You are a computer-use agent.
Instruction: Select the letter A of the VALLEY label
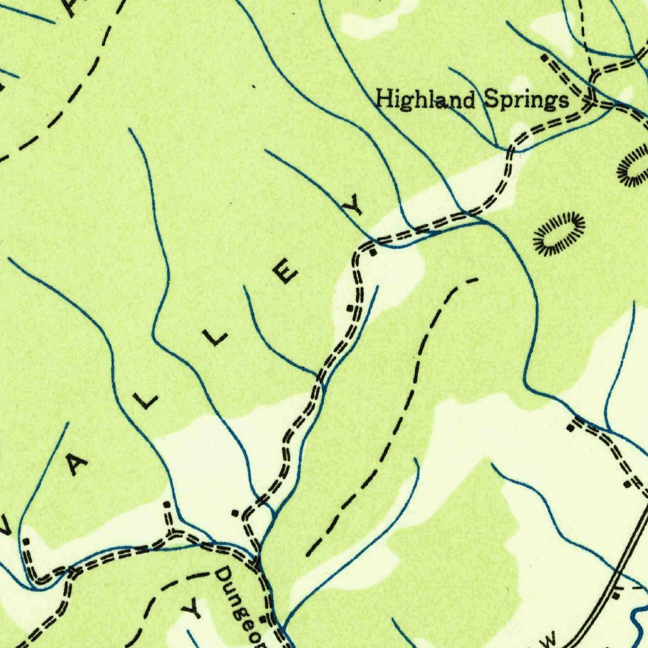click(78, 465)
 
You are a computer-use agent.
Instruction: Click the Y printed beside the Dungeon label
click(193, 609)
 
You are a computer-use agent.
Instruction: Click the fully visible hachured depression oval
click(558, 234)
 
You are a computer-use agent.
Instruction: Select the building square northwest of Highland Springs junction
click(544, 58)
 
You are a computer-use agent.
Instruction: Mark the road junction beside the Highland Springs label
click(591, 101)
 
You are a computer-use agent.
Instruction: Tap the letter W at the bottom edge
click(548, 639)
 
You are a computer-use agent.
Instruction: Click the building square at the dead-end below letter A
click(27, 542)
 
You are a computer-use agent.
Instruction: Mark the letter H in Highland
click(383, 100)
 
